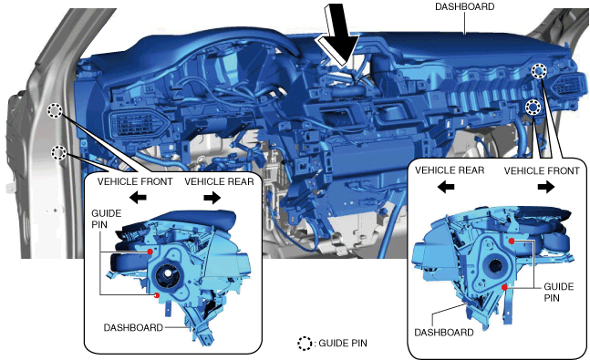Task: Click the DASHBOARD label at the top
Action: coord(464,6)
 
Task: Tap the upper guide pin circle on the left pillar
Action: coord(55,110)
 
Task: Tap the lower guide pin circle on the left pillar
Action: coord(58,153)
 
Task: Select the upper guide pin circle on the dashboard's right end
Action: coord(539,71)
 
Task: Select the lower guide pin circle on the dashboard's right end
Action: coord(533,108)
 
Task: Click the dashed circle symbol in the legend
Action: coord(305,344)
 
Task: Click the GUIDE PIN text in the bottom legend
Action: coord(343,343)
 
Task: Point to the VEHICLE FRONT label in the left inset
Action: coord(135,181)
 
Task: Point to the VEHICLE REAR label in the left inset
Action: coord(219,181)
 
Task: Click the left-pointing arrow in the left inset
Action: coord(138,197)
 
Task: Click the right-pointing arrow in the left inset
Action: coord(212,197)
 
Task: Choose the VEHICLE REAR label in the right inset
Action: coord(450,170)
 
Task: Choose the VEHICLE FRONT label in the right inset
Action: coord(542,170)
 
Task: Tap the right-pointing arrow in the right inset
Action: coord(546,186)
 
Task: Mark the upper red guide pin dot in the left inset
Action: coord(150,252)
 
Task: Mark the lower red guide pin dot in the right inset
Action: coord(504,288)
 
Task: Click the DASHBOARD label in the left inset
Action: coord(133,328)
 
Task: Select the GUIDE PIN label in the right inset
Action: coord(558,293)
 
